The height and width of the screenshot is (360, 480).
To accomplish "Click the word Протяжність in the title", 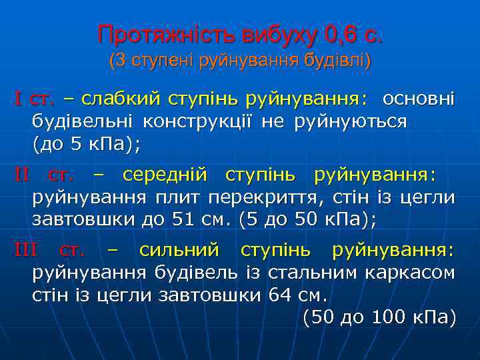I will (x=150, y=33).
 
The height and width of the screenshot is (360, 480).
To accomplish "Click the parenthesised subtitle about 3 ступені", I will (x=240, y=61).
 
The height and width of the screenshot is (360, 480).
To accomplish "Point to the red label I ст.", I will (x=34, y=100).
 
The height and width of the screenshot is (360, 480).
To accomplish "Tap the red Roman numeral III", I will (x=25, y=251).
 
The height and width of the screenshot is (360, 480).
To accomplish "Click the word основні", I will (x=419, y=100).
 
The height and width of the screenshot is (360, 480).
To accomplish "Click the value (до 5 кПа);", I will (x=87, y=144).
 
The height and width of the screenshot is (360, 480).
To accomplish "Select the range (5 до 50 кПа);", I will (x=307, y=219).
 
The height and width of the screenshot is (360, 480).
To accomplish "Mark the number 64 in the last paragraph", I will (x=277, y=295).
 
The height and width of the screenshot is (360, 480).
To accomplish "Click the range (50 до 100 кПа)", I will (x=379, y=317).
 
